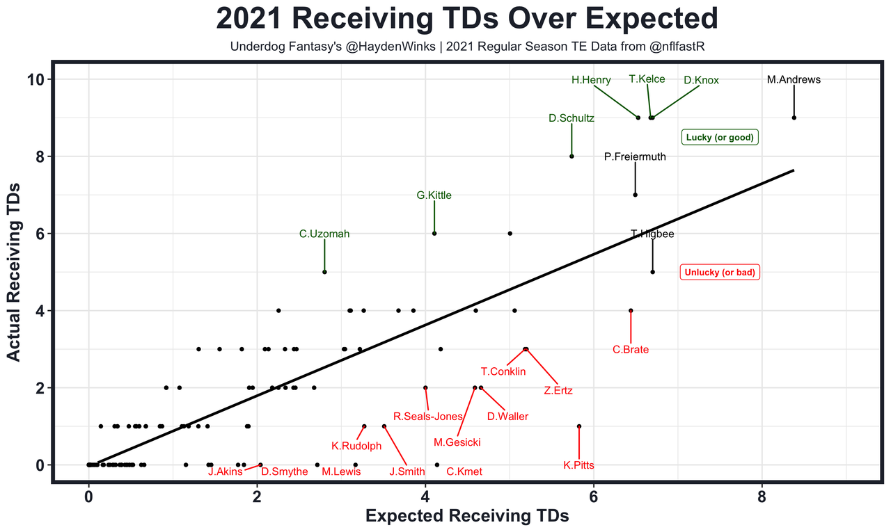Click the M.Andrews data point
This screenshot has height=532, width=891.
(x=794, y=118)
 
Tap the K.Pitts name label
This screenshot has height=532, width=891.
(x=578, y=465)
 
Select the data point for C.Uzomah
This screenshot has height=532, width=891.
(x=324, y=272)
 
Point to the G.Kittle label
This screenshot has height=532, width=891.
(x=434, y=195)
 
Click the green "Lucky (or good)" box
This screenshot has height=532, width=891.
(x=720, y=137)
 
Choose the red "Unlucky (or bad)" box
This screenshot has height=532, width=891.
(x=719, y=273)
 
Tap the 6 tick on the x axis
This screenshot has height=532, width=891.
(x=594, y=498)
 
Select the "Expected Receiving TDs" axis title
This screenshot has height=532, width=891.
(x=467, y=516)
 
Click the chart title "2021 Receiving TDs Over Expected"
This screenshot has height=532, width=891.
(x=466, y=19)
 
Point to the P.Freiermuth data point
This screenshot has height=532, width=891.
(x=635, y=195)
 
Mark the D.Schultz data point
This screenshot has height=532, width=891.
(x=571, y=156)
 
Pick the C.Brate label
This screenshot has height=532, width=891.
(x=631, y=350)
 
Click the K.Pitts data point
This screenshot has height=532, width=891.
(x=579, y=426)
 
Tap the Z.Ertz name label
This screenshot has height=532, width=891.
(x=558, y=391)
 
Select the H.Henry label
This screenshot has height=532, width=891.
(x=591, y=80)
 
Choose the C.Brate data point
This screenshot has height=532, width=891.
(x=631, y=310)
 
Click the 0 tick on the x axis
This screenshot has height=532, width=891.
(x=88, y=498)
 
